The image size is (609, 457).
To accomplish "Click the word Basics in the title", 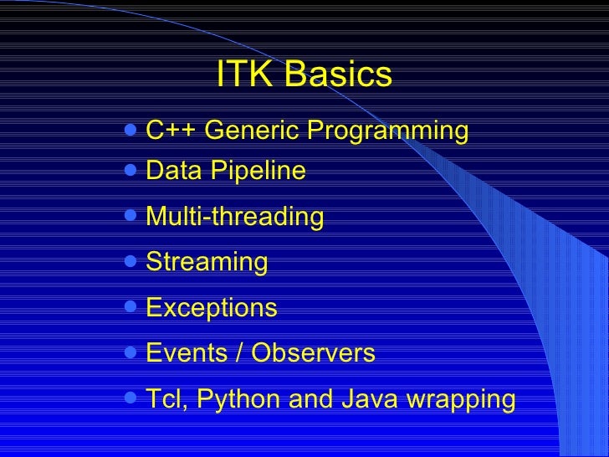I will point(338,75).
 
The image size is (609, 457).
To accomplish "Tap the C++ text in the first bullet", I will point(171,131).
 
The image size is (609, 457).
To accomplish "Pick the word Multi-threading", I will point(234,217).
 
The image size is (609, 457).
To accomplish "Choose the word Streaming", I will point(207,263).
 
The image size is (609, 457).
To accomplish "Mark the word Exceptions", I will point(211,308).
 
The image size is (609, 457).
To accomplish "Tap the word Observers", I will point(313,353).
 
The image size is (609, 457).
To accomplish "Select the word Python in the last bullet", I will point(243,400).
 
